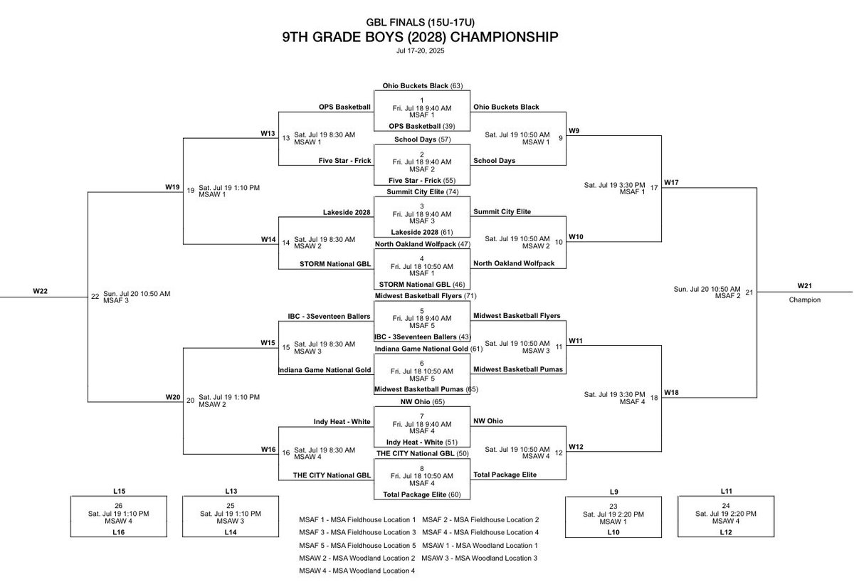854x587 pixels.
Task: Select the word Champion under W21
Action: (x=804, y=300)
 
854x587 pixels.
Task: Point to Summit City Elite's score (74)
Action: (x=453, y=192)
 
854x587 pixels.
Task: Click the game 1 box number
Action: (x=422, y=100)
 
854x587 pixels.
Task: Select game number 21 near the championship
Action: (x=749, y=292)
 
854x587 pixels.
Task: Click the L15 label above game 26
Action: (x=120, y=491)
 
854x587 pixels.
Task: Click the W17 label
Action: (x=672, y=183)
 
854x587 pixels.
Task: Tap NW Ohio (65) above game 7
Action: (x=422, y=402)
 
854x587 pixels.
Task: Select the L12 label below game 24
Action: (x=726, y=532)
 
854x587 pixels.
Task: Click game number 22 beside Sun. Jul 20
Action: (x=95, y=297)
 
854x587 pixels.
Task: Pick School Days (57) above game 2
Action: (x=422, y=139)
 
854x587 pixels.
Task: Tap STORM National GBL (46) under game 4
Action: (x=422, y=284)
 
